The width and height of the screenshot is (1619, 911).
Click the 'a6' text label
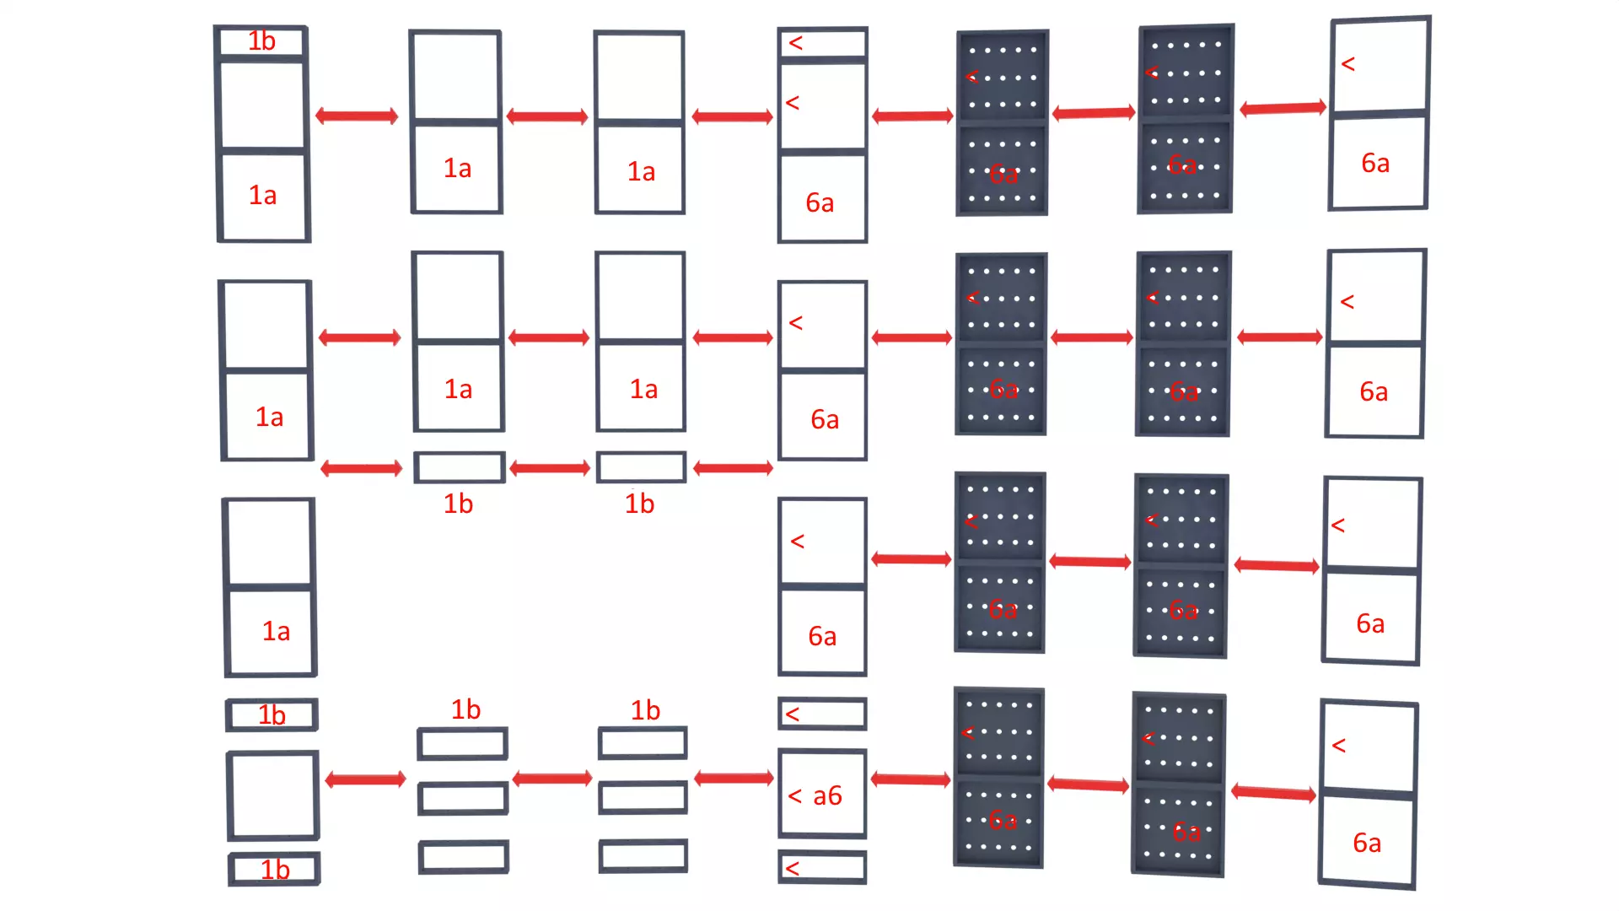[827, 795]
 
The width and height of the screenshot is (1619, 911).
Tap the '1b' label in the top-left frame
[261, 41]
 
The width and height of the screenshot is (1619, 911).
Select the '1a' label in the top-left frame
[262, 196]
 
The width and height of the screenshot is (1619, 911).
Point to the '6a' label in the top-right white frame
[1374, 164]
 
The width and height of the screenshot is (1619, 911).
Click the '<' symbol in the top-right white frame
[1347, 64]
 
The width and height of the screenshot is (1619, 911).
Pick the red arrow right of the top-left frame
[357, 116]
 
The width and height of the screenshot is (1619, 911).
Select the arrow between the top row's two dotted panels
[1093, 113]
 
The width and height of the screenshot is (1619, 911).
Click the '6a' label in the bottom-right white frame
[1367, 843]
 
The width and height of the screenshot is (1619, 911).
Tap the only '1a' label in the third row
[276, 631]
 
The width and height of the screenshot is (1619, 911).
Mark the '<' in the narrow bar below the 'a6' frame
[792, 868]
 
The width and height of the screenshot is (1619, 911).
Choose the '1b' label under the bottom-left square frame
[275, 870]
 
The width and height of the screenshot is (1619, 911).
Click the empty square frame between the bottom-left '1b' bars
[272, 795]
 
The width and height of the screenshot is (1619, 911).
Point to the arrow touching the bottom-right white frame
[1273, 792]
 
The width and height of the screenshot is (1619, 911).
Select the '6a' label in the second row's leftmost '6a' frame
[824, 419]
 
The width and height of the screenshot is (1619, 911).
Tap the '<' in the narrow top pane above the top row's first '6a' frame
[795, 43]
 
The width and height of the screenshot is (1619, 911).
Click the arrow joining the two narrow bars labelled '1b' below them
[550, 468]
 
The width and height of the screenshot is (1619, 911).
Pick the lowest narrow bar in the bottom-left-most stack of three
[463, 857]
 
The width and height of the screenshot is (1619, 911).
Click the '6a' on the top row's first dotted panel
[1003, 175]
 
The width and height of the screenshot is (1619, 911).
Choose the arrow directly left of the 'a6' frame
[734, 778]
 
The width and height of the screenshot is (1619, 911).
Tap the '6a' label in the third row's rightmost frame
[1369, 623]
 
